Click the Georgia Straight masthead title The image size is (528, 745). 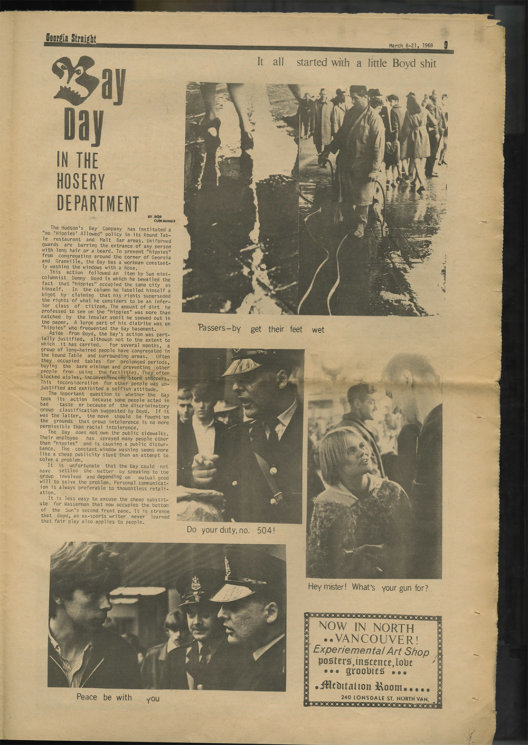tap(71, 38)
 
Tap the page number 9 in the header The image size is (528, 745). tap(446, 45)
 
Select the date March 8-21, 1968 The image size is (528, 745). tap(411, 45)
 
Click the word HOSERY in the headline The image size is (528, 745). tap(81, 182)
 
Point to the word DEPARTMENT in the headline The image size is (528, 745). tap(98, 203)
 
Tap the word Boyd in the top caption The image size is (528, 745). tap(404, 63)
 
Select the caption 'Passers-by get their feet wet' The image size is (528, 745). tap(261, 329)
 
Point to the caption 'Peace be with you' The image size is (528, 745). tap(117, 697)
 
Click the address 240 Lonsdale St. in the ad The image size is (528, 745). tap(370, 698)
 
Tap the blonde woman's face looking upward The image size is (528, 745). tap(340, 454)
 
